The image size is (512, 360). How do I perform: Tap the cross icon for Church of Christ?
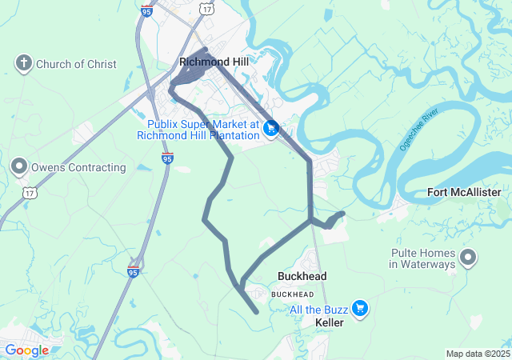[24, 62]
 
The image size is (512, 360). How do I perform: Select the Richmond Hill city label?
[214, 62]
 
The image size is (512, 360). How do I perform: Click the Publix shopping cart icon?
[271, 127]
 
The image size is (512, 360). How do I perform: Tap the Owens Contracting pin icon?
[18, 166]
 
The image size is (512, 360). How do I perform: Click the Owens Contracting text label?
[78, 168]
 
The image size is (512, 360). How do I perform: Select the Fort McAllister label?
[464, 193]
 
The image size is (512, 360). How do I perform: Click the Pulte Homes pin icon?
[468, 258]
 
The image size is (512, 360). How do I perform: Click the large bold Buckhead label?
[302, 276]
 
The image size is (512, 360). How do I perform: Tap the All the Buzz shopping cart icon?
[360, 308]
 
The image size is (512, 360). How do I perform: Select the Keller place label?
[330, 322]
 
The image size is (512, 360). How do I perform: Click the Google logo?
[26, 350]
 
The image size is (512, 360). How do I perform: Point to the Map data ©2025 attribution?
[478, 354]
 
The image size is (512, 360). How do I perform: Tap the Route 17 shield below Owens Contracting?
[29, 193]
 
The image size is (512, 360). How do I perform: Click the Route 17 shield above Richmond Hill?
[207, 7]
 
